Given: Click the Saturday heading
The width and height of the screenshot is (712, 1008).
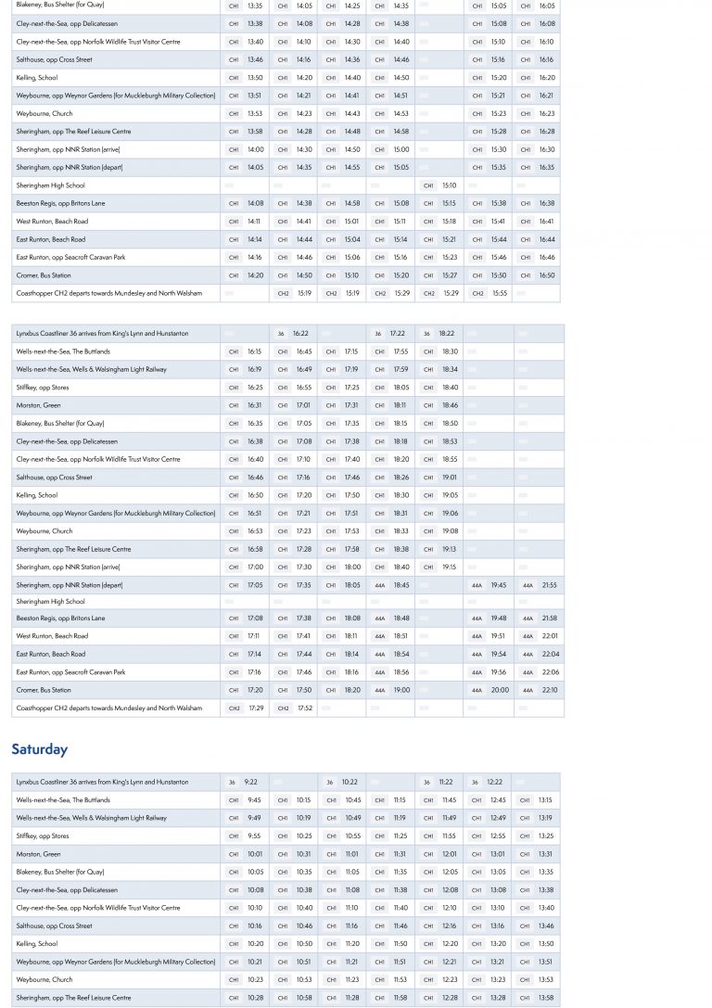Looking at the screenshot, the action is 39,749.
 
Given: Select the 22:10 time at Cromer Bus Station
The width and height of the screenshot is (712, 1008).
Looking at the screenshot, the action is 550,690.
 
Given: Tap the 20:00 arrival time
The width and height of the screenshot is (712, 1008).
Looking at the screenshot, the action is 500,690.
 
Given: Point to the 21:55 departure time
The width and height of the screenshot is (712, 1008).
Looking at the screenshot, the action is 550,585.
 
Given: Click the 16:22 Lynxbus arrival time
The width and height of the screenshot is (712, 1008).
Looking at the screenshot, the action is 300,333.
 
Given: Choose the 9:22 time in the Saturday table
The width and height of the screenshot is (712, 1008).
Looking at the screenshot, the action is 251,782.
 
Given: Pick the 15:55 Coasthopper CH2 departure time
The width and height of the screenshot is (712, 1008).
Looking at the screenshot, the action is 499,293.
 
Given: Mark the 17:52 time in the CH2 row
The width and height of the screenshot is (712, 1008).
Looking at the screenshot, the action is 304,708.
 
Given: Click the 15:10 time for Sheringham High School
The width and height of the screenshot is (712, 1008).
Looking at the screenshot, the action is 449,185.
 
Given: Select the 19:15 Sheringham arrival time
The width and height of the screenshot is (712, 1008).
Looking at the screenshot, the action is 449,567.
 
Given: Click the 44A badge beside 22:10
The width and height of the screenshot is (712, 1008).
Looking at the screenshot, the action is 528,690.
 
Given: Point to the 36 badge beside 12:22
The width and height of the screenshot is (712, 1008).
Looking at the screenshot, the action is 475,782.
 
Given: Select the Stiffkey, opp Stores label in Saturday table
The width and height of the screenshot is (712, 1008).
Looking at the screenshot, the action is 43,836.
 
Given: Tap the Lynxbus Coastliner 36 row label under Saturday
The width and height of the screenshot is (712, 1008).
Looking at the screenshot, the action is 102,782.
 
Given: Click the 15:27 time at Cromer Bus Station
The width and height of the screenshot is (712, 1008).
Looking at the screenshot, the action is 450,275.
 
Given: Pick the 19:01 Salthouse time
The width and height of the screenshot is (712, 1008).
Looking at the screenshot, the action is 450,478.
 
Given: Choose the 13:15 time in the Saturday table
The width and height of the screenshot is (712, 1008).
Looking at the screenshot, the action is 545,800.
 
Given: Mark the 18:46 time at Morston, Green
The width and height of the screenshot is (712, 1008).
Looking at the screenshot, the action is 450,405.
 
